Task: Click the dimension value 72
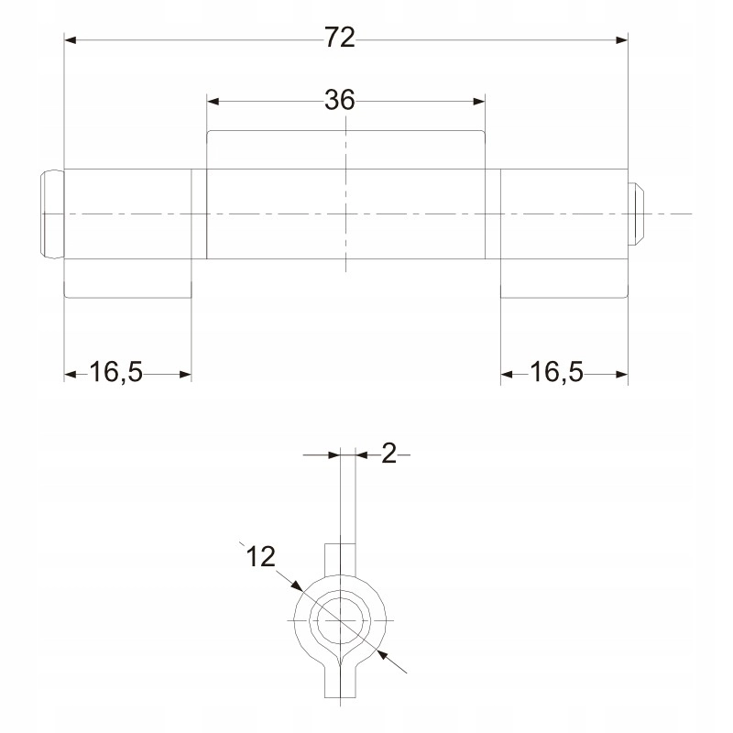pyautogui.click(x=340, y=38)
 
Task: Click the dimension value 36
pyautogui.click(x=340, y=100)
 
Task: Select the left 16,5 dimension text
pyautogui.click(x=116, y=372)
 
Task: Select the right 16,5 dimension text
pyautogui.click(x=556, y=372)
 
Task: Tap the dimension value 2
pyautogui.click(x=388, y=454)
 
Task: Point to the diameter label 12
pyautogui.click(x=260, y=556)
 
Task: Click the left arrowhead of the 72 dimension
pyautogui.click(x=71, y=40)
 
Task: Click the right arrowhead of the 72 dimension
pyautogui.click(x=622, y=40)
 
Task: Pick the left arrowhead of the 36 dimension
pyautogui.click(x=213, y=102)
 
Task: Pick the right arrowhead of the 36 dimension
pyautogui.click(x=479, y=102)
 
